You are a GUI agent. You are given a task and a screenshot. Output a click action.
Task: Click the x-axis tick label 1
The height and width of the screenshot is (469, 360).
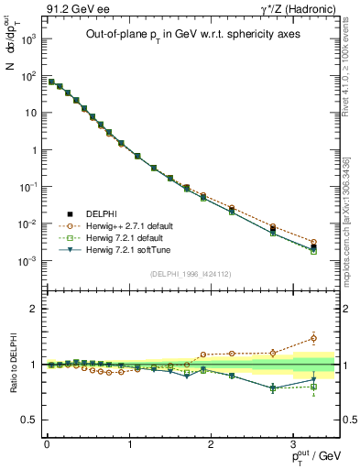click(x=129, y=443)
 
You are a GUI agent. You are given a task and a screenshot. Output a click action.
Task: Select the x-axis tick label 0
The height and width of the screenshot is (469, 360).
click(x=47, y=443)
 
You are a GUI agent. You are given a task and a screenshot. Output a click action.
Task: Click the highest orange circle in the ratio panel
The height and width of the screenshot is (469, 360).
click(x=313, y=338)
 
